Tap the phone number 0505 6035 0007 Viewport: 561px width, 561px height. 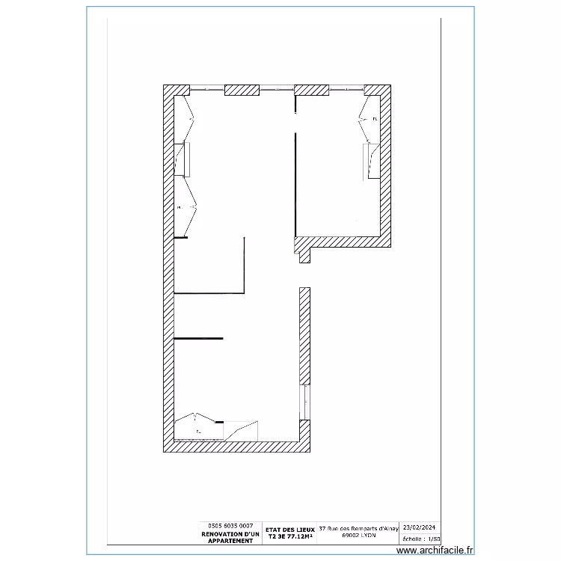[231, 526]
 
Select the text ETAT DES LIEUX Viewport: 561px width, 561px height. [290, 529]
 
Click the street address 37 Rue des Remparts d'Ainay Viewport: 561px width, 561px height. [358, 528]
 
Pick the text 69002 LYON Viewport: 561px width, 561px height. [358, 536]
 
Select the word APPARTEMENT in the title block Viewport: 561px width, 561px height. [231, 541]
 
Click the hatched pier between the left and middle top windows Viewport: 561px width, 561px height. [242, 90]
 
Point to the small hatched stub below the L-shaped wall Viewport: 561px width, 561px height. [304, 256]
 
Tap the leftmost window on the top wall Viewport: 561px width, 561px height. [207, 90]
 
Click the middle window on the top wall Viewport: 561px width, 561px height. [276, 90]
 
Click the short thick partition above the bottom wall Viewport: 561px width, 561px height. [198, 339]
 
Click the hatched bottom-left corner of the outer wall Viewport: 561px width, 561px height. [168, 447]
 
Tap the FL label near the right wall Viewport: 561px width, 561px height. [375, 119]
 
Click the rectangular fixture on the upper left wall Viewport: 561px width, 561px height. [184, 158]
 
